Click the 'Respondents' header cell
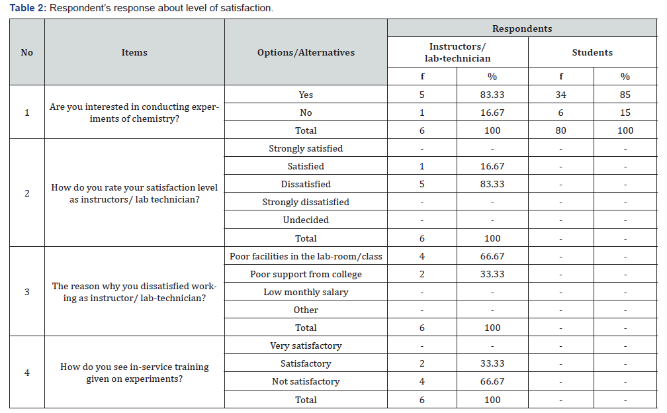click(x=522, y=28)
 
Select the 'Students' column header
click(x=592, y=52)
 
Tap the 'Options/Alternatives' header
click(x=306, y=52)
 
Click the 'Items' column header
click(x=134, y=52)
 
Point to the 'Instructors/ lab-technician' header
click(x=458, y=52)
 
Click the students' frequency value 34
click(x=560, y=95)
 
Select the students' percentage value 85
click(x=625, y=95)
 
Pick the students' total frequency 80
click(x=560, y=130)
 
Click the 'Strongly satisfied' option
click(x=306, y=148)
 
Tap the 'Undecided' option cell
click(x=306, y=220)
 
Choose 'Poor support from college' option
click(x=306, y=275)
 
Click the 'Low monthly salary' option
click(x=306, y=292)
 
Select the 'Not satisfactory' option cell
click(x=306, y=381)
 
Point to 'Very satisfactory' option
click(x=306, y=345)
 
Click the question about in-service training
click(x=134, y=373)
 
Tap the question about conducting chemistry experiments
click(x=134, y=113)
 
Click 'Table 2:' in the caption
click(x=28, y=8)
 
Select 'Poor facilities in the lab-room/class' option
click(x=306, y=257)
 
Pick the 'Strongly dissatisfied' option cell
click(x=306, y=202)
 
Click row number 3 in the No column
click(x=26, y=292)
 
